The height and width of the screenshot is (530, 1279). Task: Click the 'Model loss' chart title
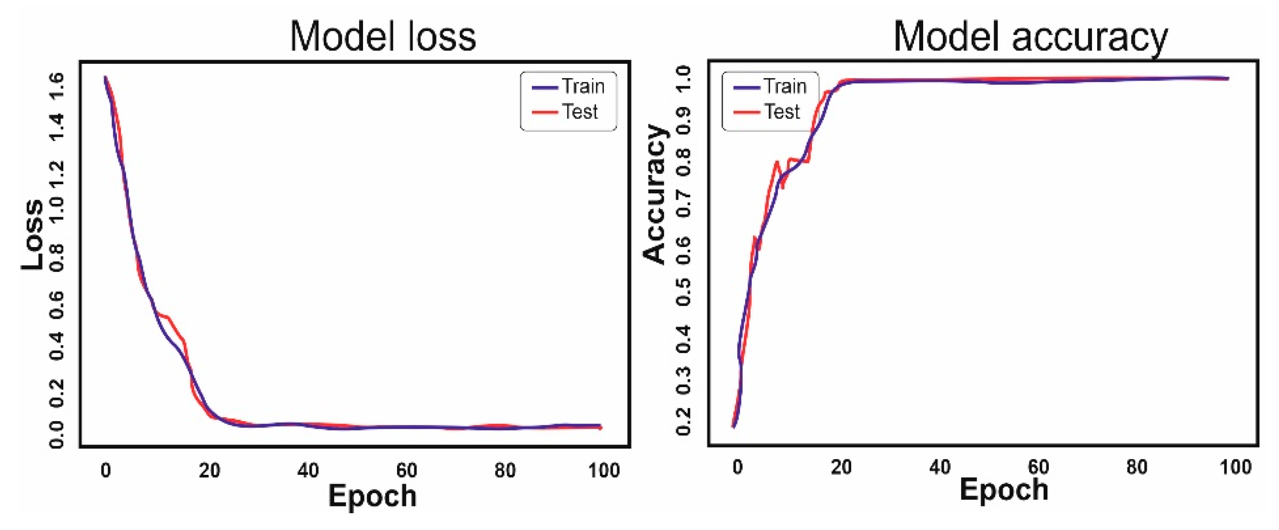click(383, 37)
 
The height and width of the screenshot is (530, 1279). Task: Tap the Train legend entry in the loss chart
click(569, 87)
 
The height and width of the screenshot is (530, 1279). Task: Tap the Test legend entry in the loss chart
click(566, 112)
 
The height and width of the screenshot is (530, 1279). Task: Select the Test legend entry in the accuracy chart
click(768, 112)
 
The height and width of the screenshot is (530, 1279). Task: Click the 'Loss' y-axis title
click(33, 235)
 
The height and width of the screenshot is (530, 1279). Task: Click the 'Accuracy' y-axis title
click(655, 194)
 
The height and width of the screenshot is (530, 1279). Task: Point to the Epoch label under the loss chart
click(372, 496)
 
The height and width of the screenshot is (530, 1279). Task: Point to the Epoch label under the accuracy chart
click(1004, 490)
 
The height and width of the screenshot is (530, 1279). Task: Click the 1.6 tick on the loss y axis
click(56, 85)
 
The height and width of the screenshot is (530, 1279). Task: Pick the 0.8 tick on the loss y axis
click(56, 257)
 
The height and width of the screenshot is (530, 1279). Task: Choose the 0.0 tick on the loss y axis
click(56, 434)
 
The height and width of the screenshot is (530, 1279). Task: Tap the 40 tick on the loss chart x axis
click(308, 470)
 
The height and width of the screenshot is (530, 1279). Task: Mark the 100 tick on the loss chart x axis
click(604, 470)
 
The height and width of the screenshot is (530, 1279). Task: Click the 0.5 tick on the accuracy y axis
click(684, 292)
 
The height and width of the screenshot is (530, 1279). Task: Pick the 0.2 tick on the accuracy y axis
click(684, 421)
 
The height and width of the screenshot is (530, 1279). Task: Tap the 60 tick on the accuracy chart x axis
click(1038, 467)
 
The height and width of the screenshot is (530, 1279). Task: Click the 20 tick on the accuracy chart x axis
click(841, 467)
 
